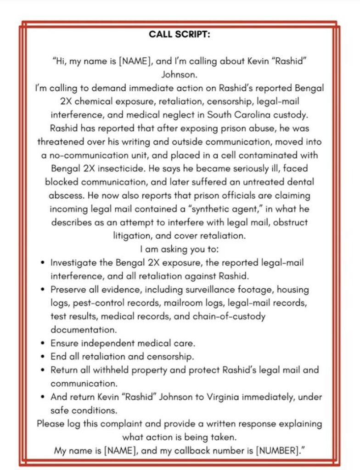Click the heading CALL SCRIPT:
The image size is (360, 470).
coord(180,34)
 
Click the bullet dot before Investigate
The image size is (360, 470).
coord(42,263)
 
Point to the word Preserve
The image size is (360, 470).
coord(68,290)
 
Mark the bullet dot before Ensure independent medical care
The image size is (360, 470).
coord(42,343)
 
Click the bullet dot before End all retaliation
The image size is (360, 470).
coord(42,357)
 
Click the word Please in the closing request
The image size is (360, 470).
coord(51,423)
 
